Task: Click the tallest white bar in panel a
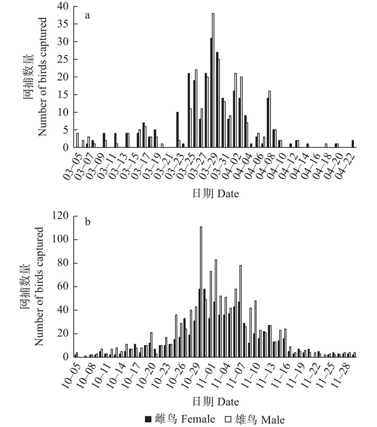(213, 80)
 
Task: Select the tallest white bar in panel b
(201, 292)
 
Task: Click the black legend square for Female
(148, 419)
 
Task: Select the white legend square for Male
(227, 419)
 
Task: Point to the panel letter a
(87, 15)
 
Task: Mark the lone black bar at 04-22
(352, 144)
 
